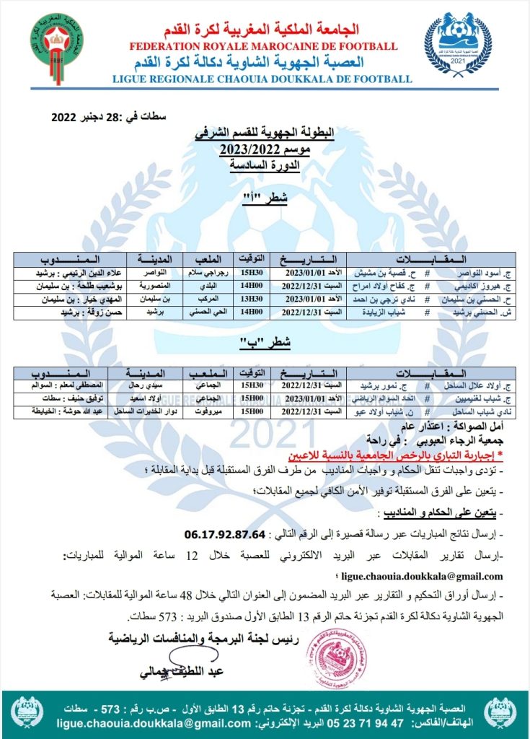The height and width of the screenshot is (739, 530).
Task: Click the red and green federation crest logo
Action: (x=56, y=42)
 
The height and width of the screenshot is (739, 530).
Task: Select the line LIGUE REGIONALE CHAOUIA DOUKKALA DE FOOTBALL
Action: (x=263, y=79)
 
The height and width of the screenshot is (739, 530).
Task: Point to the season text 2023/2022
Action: (x=262, y=149)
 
